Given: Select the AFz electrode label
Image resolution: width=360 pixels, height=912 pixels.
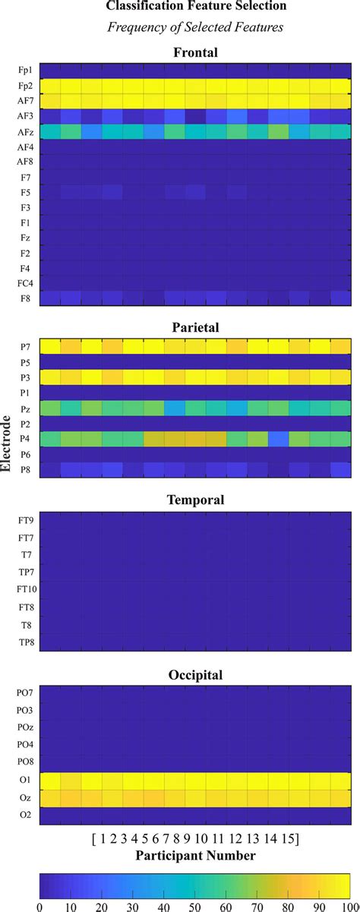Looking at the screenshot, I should point(24,132).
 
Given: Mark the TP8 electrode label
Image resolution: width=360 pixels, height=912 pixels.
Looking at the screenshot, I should point(24,642).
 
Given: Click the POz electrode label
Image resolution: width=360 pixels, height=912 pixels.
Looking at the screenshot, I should point(24,727).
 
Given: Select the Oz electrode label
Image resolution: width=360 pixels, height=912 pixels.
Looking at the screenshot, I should point(24,797).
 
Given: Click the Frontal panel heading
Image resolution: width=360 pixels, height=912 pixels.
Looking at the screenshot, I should point(196,52).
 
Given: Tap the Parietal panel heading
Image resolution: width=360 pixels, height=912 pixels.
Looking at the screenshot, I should point(196,328).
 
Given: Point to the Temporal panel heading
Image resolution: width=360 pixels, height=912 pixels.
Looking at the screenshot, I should point(196,501).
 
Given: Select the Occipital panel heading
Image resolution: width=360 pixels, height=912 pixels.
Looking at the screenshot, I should point(196,674).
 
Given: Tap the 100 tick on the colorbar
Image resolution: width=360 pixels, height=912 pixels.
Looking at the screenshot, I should point(349,905).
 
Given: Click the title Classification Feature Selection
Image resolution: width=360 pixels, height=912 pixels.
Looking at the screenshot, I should point(195,7).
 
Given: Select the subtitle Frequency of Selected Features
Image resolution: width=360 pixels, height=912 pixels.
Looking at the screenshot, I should point(195,27).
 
